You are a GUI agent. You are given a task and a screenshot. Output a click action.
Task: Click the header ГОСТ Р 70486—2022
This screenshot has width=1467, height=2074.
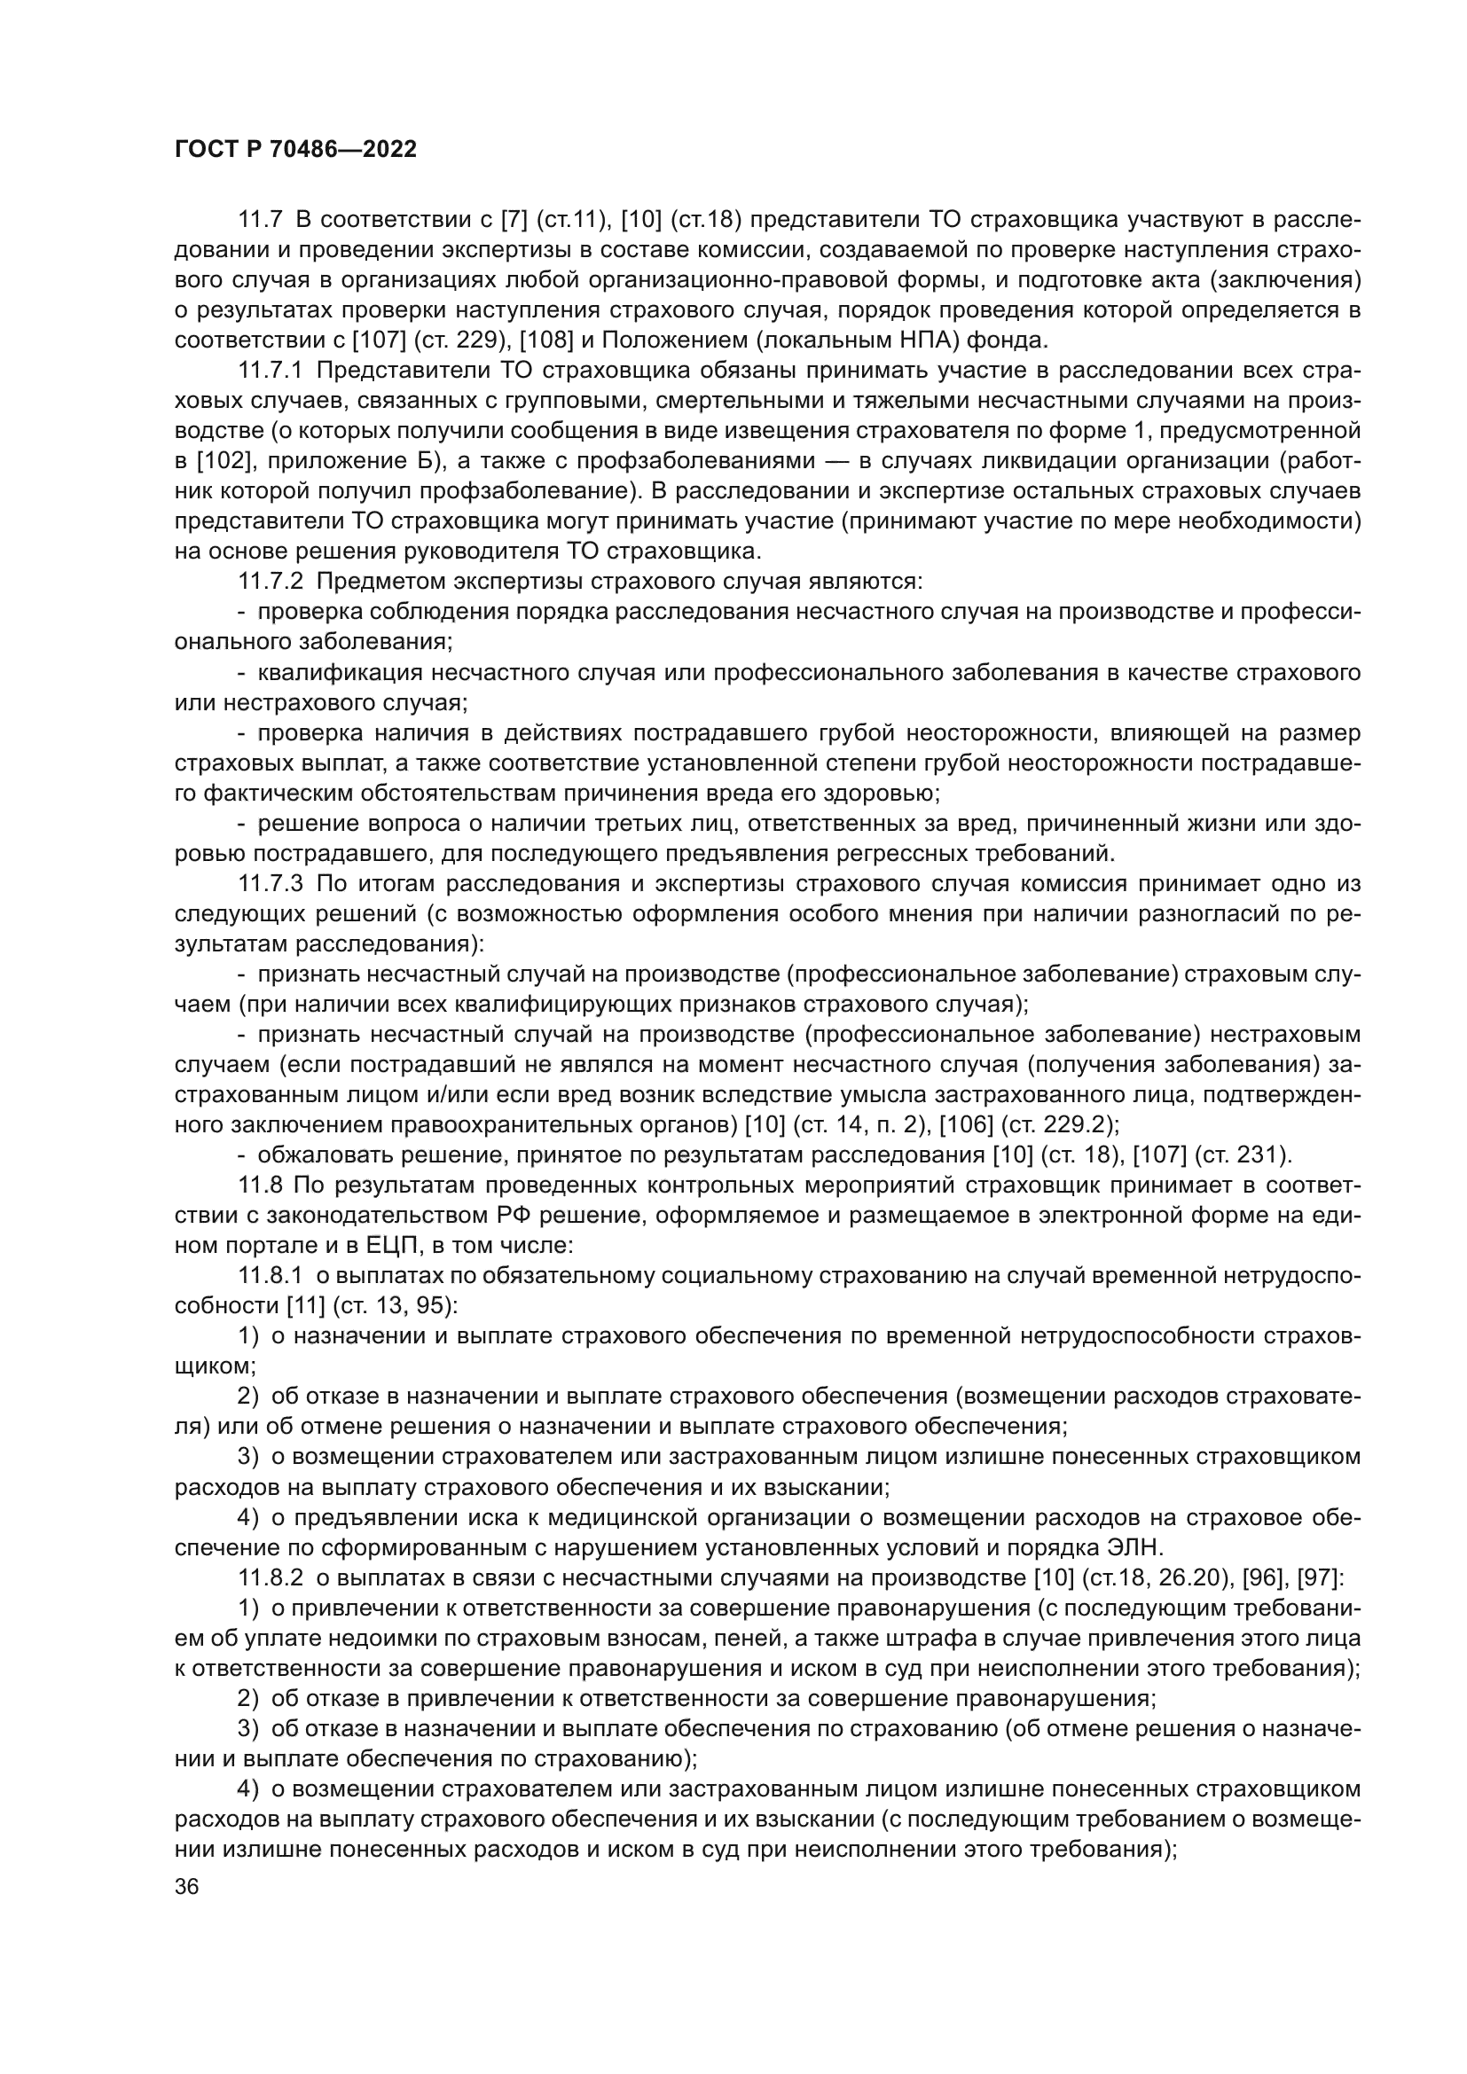[x=295, y=150]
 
